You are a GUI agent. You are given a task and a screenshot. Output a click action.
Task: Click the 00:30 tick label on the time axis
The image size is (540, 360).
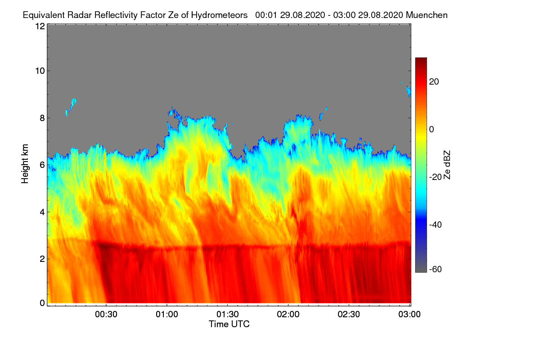106,315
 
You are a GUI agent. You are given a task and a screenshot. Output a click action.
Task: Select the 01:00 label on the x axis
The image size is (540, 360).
167,315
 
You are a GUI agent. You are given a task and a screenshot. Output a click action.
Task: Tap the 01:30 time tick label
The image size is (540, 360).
228,315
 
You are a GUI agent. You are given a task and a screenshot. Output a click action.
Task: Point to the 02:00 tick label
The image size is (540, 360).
288,315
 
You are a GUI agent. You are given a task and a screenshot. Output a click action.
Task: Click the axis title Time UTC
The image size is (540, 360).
229,324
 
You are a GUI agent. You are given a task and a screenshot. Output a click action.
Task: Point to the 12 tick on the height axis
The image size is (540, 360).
40,26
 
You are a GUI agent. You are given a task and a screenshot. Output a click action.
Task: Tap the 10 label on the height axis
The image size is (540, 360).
40,71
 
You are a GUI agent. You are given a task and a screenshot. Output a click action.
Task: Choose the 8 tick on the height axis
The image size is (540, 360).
42,118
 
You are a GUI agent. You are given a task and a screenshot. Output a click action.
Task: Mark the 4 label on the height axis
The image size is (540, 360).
42,211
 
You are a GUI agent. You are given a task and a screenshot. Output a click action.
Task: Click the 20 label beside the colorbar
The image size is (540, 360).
434,81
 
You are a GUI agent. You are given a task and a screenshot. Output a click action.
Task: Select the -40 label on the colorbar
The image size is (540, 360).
436,225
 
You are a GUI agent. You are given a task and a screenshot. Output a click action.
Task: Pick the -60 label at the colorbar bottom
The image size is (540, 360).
436,270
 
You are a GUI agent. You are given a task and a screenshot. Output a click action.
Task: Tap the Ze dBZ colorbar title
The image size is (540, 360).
447,164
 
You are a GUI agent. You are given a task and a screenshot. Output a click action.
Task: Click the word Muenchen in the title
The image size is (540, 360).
427,15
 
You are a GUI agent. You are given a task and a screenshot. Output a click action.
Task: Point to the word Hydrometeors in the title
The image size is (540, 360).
219,15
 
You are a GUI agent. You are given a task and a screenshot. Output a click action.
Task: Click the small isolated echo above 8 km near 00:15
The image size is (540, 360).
71,106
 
